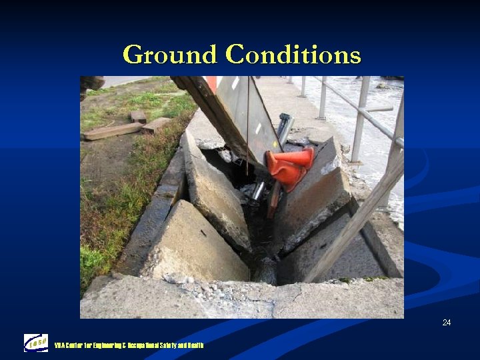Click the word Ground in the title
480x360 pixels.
point(170,55)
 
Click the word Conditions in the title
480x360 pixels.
point(293,55)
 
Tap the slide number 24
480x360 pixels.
point(446,323)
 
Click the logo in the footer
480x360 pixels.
point(36,343)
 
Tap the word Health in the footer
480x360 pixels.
point(195,345)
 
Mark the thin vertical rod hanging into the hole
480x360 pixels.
point(247,127)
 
